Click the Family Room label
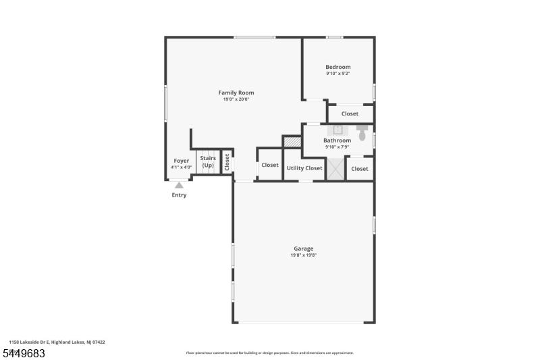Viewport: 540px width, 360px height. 236,93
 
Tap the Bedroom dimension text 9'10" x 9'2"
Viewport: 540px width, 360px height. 338,74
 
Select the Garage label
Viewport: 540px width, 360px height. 303,249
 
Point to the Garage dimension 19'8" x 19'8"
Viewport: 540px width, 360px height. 303,255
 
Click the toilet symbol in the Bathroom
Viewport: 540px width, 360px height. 362,133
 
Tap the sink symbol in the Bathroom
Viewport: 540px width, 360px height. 337,130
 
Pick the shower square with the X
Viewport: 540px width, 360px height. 335,169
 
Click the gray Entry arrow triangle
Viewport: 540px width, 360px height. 179,185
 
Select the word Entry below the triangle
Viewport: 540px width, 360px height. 179,195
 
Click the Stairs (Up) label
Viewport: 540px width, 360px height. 208,161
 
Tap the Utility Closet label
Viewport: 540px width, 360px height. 304,168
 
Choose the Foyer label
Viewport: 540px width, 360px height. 182,161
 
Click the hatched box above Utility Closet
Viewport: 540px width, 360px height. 292,142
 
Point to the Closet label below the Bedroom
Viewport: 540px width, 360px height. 350,113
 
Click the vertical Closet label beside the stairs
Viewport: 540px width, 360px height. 227,162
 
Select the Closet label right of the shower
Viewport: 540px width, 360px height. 360,169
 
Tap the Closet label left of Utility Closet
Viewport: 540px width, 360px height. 270,165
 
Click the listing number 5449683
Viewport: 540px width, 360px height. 24,353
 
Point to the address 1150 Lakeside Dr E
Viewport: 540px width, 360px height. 29,342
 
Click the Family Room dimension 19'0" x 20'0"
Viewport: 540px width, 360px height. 236,99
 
